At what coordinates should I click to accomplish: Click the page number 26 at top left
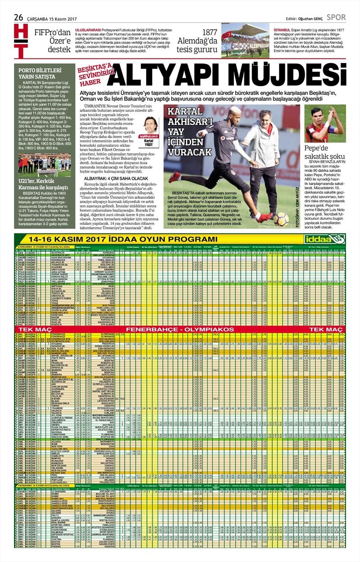pyautogui.click(x=18, y=17)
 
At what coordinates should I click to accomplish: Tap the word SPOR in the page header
pyautogui.click(x=336, y=18)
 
